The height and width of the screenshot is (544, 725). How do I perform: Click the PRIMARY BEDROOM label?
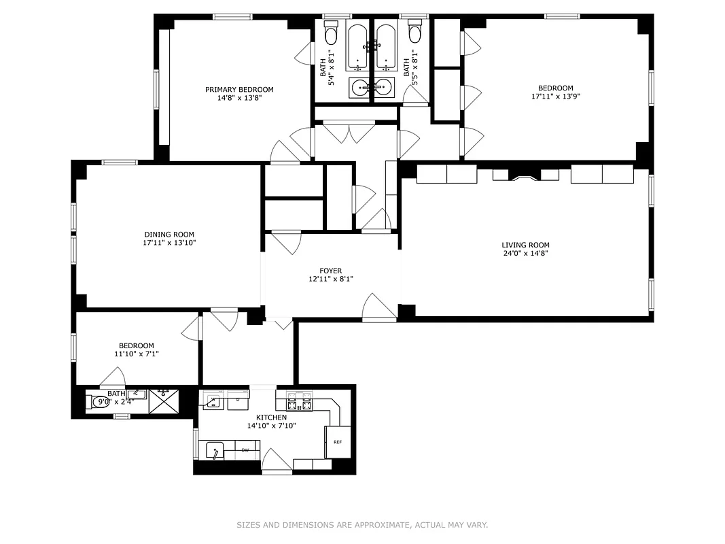239,89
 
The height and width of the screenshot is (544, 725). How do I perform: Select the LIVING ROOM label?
525,245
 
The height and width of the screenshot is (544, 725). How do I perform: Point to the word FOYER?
331,271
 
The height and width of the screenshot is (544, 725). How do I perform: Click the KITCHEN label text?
271,418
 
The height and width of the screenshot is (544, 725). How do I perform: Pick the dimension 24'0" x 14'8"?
525,254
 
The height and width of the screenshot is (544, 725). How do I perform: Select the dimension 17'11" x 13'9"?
555,97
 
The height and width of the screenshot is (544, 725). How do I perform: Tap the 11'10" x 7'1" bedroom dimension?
137,354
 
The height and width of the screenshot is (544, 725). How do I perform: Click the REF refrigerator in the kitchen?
338,442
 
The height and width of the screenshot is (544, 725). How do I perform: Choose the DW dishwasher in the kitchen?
245,449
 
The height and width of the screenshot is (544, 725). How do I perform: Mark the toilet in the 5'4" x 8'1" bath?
331,33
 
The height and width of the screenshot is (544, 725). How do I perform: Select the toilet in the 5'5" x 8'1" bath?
414,33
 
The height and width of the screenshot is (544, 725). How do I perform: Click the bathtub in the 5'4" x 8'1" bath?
357,48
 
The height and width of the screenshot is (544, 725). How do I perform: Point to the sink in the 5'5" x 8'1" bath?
384,87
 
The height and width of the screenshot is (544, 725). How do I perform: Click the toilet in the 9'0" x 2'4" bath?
96,402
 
